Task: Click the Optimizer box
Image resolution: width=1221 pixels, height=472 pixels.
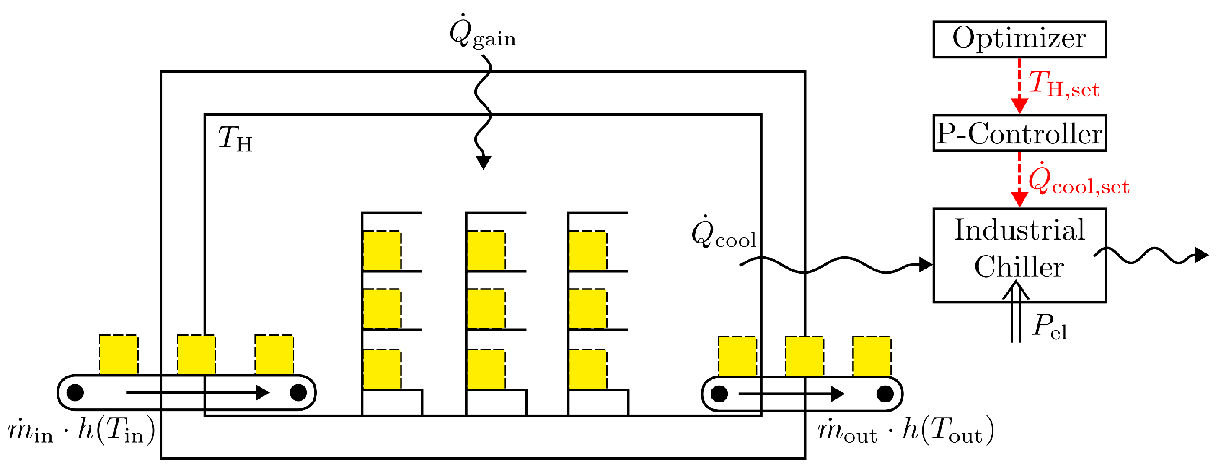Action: pyautogui.click(x=1019, y=39)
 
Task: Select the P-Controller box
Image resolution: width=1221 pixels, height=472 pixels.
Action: pyautogui.click(x=1019, y=133)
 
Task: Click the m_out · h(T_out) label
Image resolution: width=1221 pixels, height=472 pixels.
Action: pyautogui.click(x=905, y=431)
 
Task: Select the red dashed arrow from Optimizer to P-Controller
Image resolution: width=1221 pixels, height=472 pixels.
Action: pyautogui.click(x=1019, y=86)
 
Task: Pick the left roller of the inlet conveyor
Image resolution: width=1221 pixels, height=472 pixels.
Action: pyautogui.click(x=75, y=392)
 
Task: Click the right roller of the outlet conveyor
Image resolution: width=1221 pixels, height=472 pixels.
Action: pyautogui.click(x=885, y=394)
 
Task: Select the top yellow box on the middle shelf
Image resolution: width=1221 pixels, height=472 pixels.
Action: pyautogui.click(x=486, y=250)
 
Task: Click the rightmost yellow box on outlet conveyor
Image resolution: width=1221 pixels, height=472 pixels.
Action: pyautogui.click(x=872, y=356)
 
